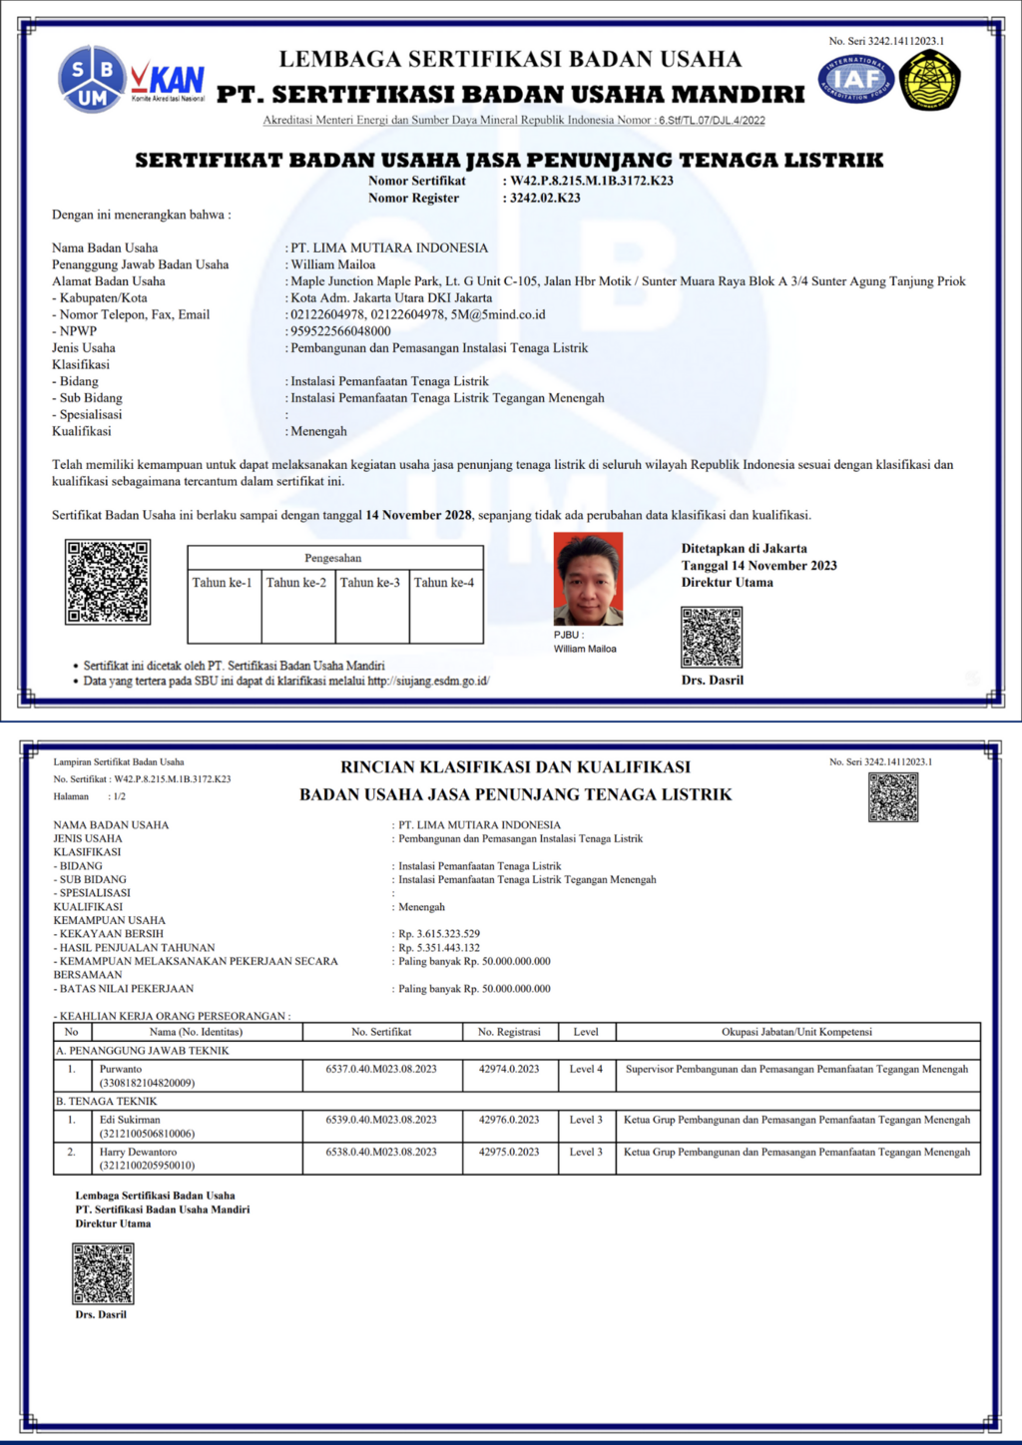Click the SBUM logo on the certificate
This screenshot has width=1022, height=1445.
tap(92, 78)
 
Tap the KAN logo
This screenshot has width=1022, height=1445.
tap(169, 81)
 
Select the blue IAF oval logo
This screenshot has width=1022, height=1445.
tap(855, 79)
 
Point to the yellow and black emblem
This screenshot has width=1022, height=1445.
tap(929, 81)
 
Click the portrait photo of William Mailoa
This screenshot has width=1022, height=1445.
tap(588, 579)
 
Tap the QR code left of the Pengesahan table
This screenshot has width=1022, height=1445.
tap(108, 582)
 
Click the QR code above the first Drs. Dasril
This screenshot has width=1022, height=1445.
tap(712, 637)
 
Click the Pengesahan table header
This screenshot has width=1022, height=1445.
tap(333, 558)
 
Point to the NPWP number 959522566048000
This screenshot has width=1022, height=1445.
tap(340, 331)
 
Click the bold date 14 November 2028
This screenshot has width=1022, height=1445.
tap(418, 515)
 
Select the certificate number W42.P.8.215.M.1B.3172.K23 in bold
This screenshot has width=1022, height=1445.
tap(592, 181)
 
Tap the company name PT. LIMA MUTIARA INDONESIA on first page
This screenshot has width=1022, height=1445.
tap(389, 247)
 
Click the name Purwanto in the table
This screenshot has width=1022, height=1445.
tap(121, 1069)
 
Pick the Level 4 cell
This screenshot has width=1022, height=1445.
tap(586, 1069)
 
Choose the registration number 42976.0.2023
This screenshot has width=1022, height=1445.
tap(509, 1120)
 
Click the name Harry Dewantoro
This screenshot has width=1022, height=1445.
tap(138, 1152)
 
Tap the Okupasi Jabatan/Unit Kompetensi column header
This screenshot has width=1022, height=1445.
tap(796, 1032)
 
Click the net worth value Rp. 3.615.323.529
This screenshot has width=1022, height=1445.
tap(439, 934)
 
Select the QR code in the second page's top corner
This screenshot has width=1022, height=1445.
tap(892, 797)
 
